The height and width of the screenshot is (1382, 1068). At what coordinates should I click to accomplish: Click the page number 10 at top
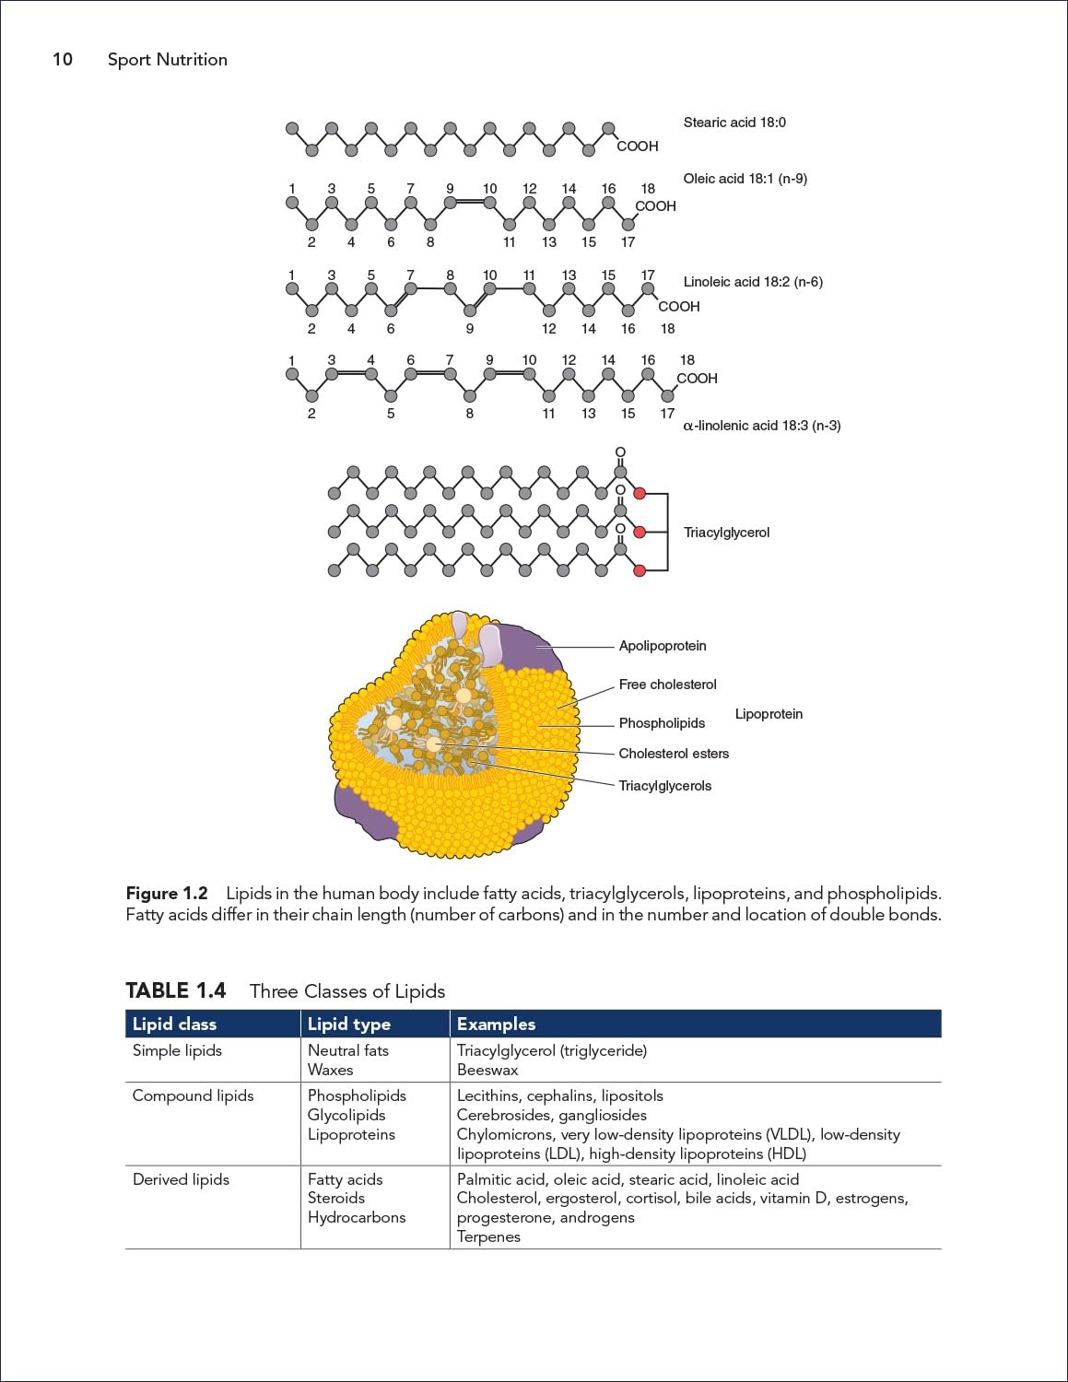click(x=63, y=60)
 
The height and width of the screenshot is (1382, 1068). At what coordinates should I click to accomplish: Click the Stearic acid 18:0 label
click(x=734, y=123)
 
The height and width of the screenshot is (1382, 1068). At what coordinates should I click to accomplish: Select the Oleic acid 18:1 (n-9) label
click(x=745, y=179)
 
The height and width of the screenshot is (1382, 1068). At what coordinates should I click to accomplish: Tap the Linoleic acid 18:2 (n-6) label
click(x=753, y=282)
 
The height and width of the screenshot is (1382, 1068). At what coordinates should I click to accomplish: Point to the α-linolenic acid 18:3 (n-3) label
click(x=761, y=426)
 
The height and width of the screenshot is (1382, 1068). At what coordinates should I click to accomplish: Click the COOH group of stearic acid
click(x=638, y=146)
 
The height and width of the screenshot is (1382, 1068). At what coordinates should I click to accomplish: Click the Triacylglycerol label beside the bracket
click(x=726, y=533)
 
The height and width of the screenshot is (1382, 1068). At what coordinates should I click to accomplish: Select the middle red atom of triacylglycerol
click(x=640, y=532)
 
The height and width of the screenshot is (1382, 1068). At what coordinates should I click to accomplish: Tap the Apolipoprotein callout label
click(x=663, y=646)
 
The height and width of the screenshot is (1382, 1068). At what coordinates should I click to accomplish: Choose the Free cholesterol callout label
click(x=667, y=685)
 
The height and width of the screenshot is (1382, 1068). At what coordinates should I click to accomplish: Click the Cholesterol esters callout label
click(x=674, y=754)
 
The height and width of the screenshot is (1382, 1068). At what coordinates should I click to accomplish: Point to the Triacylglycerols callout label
click(x=665, y=786)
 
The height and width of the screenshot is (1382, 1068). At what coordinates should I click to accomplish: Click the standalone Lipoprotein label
click(x=769, y=714)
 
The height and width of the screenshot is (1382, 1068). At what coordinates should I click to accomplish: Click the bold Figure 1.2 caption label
click(x=167, y=894)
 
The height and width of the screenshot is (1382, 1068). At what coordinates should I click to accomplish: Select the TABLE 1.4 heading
click(x=175, y=990)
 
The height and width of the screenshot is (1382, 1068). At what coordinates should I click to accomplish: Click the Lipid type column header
click(x=349, y=1025)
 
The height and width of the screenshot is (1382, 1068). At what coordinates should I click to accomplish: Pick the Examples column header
click(x=496, y=1025)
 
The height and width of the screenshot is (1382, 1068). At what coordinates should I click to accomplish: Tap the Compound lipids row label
click(x=193, y=1095)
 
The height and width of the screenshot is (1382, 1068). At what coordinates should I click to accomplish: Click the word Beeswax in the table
click(x=487, y=1070)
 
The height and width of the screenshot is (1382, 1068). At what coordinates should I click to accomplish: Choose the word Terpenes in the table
click(x=488, y=1236)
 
